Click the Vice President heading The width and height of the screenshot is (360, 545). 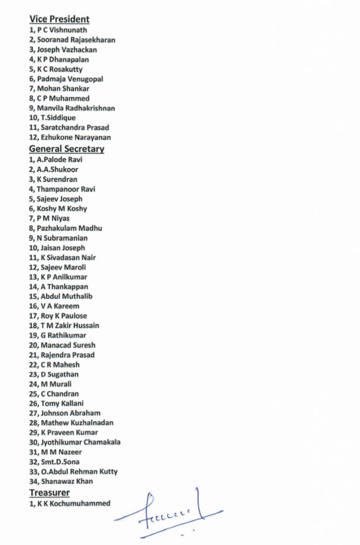[59, 19]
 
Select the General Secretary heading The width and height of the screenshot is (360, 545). [67, 149]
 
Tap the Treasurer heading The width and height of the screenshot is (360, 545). [50, 492]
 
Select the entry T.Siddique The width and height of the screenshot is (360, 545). [58, 118]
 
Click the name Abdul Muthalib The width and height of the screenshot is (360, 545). [67, 296]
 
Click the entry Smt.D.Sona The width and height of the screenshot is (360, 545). [60, 462]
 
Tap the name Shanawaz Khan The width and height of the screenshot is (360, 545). [67, 481]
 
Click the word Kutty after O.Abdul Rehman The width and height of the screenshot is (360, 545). [108, 472]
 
